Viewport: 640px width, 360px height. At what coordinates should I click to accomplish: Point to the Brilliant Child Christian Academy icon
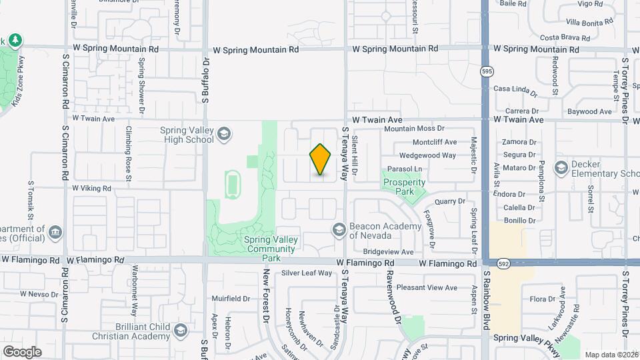(x=179, y=331)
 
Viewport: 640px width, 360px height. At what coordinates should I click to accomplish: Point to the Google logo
(x=22, y=351)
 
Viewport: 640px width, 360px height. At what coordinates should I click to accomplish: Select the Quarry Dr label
(x=449, y=201)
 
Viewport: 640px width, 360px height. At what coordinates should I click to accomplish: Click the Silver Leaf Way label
(x=306, y=273)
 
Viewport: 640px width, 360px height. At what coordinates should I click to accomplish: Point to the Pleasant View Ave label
(x=427, y=288)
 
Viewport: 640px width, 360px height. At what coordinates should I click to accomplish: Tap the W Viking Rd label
(x=91, y=189)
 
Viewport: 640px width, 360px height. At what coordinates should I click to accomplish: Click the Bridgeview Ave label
(x=388, y=252)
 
